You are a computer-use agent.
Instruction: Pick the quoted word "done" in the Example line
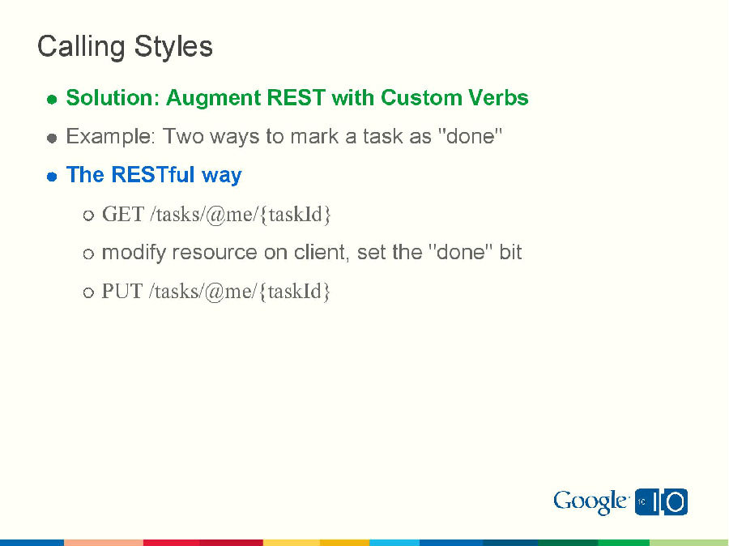470,136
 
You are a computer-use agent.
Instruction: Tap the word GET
123,215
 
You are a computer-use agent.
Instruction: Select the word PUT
122,291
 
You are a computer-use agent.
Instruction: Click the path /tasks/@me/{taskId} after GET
241,215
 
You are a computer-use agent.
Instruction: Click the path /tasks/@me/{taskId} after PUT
240,291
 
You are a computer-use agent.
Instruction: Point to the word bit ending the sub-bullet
510,252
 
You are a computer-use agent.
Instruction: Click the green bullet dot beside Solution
51,100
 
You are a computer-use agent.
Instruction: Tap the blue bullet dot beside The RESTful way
51,176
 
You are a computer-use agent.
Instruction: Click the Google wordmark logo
590,502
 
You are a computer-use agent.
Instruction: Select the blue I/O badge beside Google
661,502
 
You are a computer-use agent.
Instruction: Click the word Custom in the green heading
421,98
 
